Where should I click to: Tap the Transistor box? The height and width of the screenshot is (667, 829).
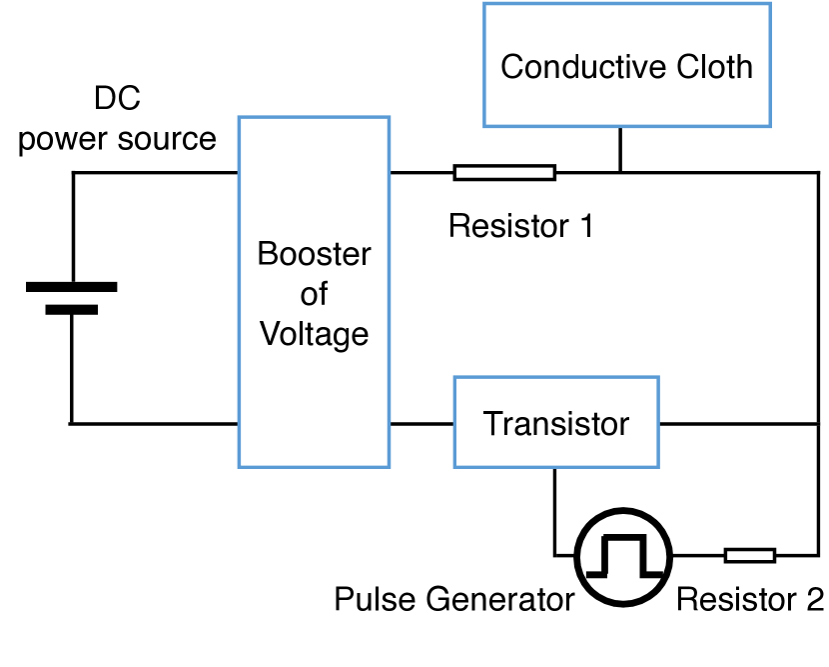(x=556, y=423)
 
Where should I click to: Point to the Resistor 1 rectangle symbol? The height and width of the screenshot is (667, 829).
(x=504, y=172)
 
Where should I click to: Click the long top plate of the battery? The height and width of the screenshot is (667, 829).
(x=71, y=287)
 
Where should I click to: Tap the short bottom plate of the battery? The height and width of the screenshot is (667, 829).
(x=71, y=309)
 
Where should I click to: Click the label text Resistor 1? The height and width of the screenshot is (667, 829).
(x=520, y=226)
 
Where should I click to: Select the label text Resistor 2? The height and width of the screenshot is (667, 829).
(x=750, y=600)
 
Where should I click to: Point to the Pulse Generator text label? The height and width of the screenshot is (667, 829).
(x=453, y=600)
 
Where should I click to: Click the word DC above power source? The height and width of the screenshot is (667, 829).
(x=118, y=100)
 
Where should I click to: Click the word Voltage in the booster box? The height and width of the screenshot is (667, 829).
(x=315, y=333)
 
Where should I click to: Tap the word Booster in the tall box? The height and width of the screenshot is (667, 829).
(x=315, y=254)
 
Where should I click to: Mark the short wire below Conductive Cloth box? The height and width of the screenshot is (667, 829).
(x=620, y=149)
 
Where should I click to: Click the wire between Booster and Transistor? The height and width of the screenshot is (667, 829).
(x=421, y=423)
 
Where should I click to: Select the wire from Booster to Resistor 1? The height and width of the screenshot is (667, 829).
(x=421, y=172)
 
